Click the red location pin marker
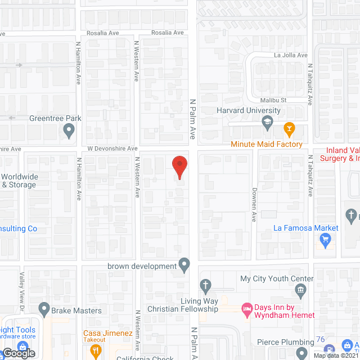[x=179, y=166]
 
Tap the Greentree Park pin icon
[x=69, y=131]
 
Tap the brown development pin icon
[x=184, y=264]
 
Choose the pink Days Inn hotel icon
[x=246, y=308]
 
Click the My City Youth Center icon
[x=300, y=290]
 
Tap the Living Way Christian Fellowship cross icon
[x=206, y=285]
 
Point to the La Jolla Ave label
[x=291, y=55]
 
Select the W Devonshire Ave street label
[x=112, y=148]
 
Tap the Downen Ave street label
[x=254, y=204]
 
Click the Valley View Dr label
[x=22, y=285]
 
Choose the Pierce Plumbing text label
[x=285, y=342]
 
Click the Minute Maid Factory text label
[x=267, y=145]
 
